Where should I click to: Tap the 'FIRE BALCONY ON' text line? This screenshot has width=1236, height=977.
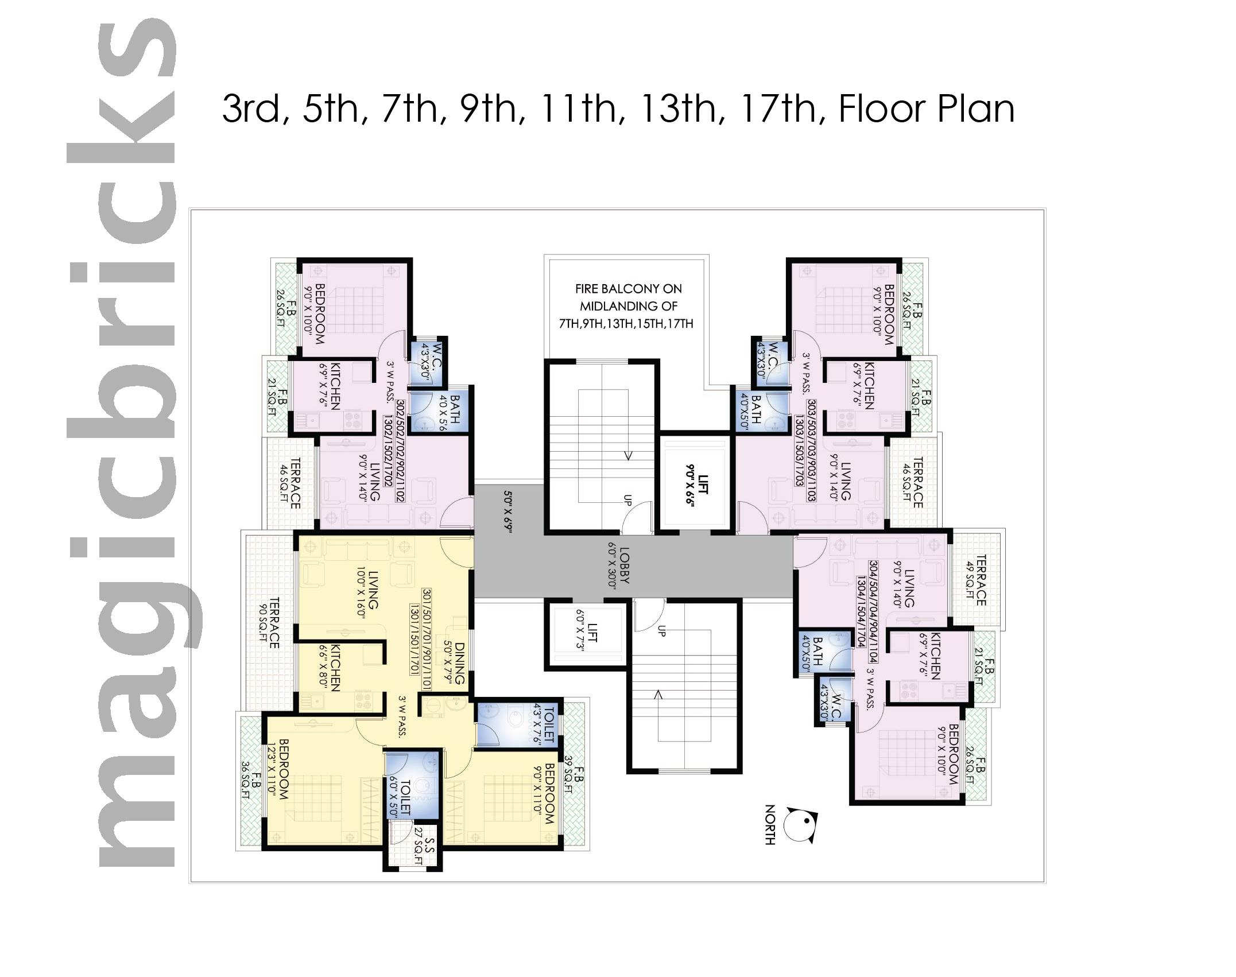coord(629,289)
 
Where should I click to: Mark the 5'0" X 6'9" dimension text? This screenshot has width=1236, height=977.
coord(508,511)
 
